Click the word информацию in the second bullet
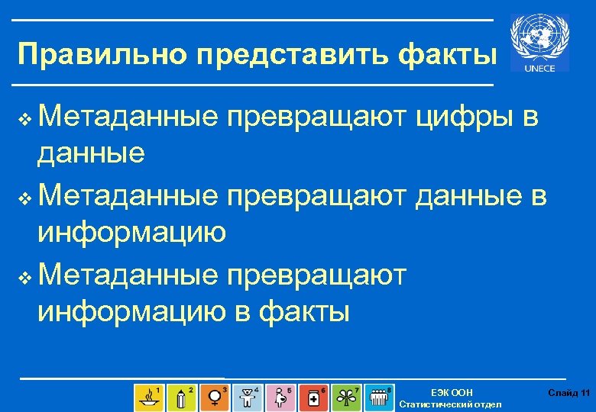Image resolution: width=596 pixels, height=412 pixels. pyautogui.click(x=131, y=232)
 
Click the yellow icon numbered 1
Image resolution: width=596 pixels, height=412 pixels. pyautogui.click(x=149, y=398)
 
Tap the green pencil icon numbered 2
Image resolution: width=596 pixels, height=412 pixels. pyautogui.click(x=181, y=398)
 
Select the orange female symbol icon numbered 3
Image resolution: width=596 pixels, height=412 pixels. pyautogui.click(x=215, y=398)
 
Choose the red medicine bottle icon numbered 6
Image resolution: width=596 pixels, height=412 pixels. pyautogui.click(x=314, y=398)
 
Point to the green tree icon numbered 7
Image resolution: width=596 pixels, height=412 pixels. pyautogui.click(x=347, y=398)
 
